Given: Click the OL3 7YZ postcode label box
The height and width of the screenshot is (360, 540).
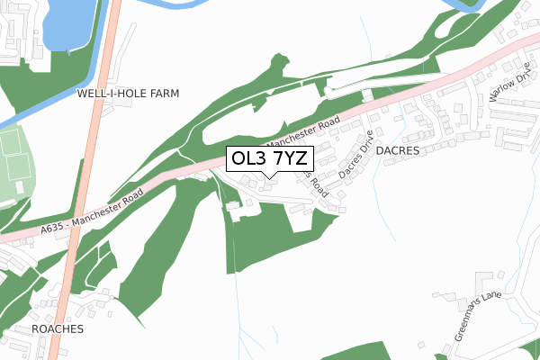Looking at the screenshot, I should [269, 159].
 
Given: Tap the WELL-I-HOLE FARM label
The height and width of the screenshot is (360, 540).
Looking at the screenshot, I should [129, 94].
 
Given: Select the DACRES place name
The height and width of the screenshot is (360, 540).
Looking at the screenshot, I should [398, 151].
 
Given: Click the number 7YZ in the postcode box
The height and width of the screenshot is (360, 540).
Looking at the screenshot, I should [292, 159].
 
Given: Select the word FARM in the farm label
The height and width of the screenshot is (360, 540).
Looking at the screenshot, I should [165, 94].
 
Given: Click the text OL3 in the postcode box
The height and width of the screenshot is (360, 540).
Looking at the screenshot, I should [247, 159].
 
